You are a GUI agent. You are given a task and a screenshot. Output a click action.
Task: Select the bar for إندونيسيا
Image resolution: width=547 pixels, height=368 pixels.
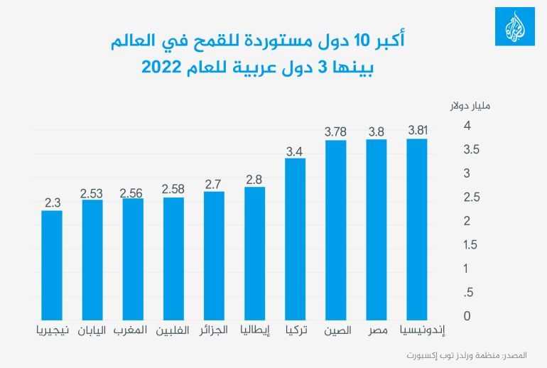coord(417,227)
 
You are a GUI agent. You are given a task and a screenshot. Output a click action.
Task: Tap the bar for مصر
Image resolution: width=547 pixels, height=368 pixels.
coord(377,227)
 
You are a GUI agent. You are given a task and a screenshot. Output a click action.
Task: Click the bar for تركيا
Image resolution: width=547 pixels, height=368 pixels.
coord(295,237)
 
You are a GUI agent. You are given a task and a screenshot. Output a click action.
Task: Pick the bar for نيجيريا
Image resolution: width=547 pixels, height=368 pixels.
coord(52,264)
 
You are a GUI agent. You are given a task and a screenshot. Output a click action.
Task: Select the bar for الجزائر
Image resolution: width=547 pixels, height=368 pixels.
coord(214,254)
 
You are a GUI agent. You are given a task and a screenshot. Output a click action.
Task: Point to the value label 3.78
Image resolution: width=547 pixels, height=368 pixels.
coord(335,131)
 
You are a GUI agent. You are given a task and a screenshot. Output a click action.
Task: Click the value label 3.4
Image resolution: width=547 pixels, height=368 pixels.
coord(295,150)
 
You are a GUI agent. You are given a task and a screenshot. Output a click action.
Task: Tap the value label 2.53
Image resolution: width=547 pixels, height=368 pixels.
coord(92,192)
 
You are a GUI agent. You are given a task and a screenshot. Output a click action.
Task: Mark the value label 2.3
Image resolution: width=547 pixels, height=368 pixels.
coord(52,202)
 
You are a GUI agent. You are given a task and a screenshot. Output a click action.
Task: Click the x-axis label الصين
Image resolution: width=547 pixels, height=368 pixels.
coord(336,330)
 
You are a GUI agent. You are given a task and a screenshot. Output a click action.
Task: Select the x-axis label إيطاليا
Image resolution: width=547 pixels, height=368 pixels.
coord(254,330)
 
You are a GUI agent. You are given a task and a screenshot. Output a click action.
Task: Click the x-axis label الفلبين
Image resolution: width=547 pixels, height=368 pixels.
coord(173,330)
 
